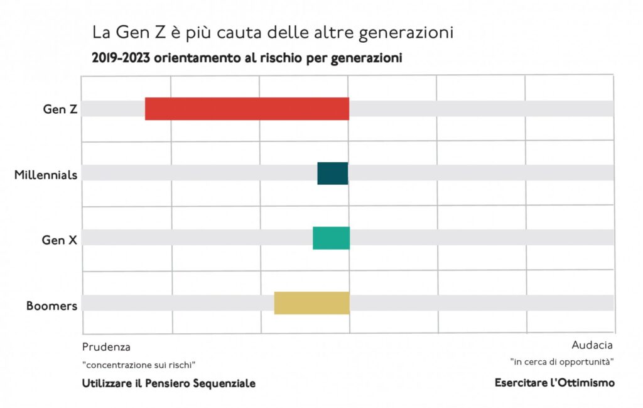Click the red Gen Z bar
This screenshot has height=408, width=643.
click(247, 109)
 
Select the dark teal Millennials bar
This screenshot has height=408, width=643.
click(332, 173)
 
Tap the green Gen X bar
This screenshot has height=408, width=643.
click(331, 238)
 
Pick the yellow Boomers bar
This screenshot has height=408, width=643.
click(311, 303)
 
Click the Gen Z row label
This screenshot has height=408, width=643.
click(60, 109)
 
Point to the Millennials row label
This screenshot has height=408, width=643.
click(46, 174)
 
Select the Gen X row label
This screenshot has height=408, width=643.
click(60, 240)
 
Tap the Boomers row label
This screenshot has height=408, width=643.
click(51, 306)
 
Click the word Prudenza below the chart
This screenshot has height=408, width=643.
click(106, 346)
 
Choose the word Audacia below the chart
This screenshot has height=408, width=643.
click(592, 345)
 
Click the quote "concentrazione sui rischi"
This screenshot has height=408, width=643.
click(139, 365)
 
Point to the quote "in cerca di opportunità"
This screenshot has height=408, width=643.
click(561, 361)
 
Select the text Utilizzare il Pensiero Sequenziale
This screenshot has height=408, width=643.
click(169, 383)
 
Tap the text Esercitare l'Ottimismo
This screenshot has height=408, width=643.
click(554, 382)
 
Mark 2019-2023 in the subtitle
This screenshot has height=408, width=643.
click(119, 58)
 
